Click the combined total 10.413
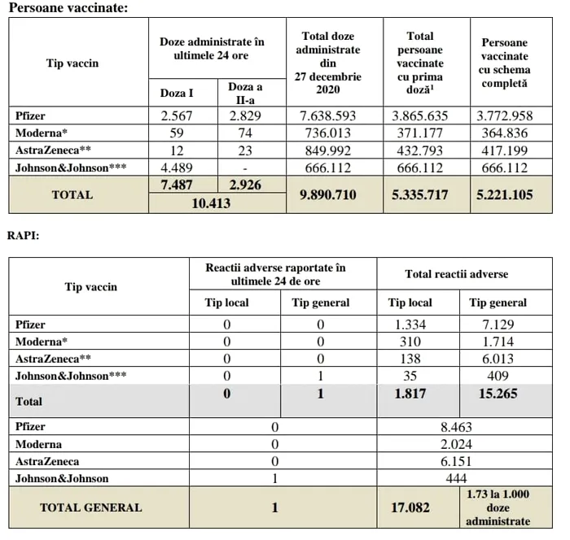click(217, 203)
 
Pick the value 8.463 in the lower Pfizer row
click(457, 426)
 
